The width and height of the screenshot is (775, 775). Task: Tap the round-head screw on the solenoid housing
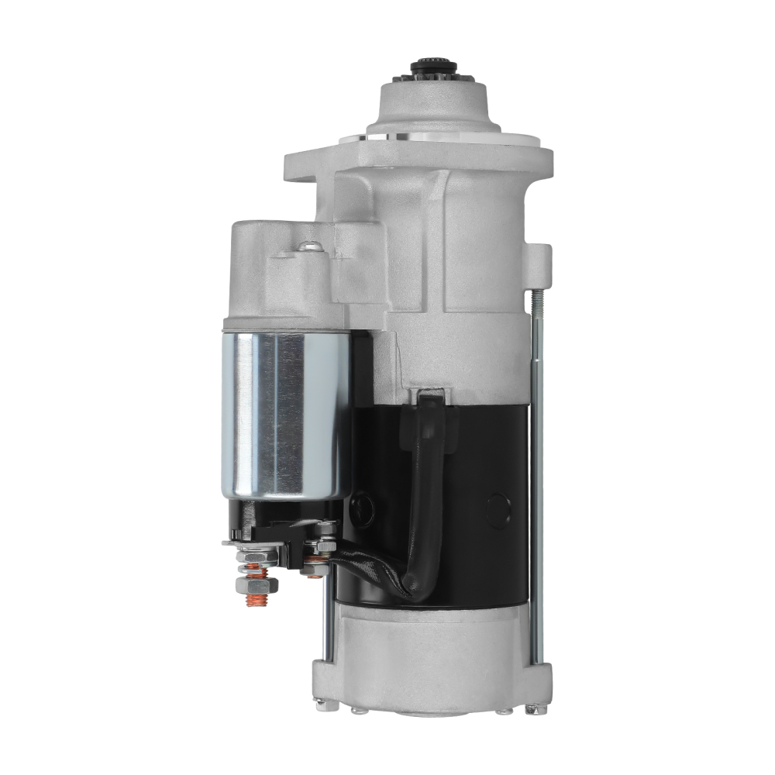tap(309, 246)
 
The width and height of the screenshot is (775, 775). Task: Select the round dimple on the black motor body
tap(498, 509)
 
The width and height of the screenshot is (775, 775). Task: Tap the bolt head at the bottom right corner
tap(532, 708)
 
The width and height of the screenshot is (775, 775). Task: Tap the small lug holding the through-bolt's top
tap(538, 263)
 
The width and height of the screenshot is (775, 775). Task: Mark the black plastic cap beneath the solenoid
tap(279, 519)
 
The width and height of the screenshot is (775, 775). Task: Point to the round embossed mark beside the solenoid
tap(363, 508)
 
